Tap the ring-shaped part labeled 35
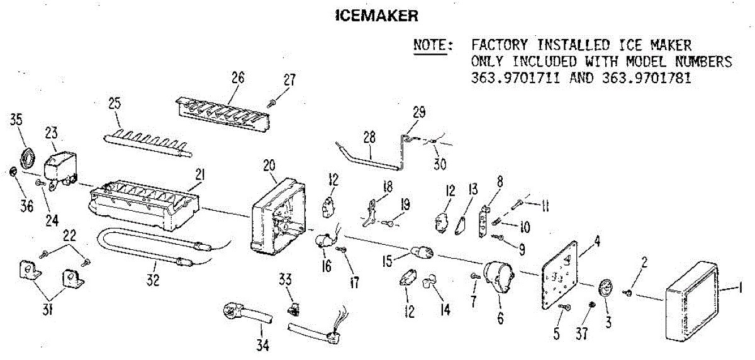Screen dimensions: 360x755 point(28,157)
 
